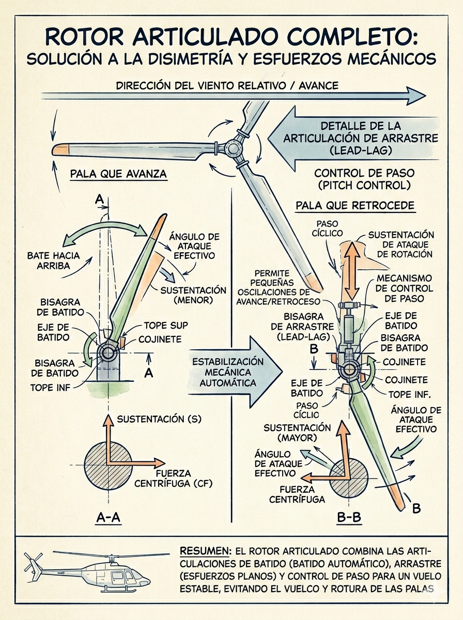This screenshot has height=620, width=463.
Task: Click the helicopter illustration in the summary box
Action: pos(88,570)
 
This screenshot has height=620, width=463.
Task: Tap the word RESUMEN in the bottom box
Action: pos(205,551)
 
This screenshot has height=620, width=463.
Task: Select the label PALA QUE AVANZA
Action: pos(118,174)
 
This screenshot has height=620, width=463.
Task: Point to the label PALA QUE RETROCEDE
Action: pos(354,206)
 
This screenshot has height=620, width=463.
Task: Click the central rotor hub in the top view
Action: pos(230,149)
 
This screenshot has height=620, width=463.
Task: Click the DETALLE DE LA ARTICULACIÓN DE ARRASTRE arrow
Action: pos(351,138)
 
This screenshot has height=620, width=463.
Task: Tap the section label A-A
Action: pos(109,517)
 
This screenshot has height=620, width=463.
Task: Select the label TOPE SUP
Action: pos(165,326)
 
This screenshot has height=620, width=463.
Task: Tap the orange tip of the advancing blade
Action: pos(61,150)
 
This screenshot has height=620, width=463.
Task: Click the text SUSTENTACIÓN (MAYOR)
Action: pos(297,432)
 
